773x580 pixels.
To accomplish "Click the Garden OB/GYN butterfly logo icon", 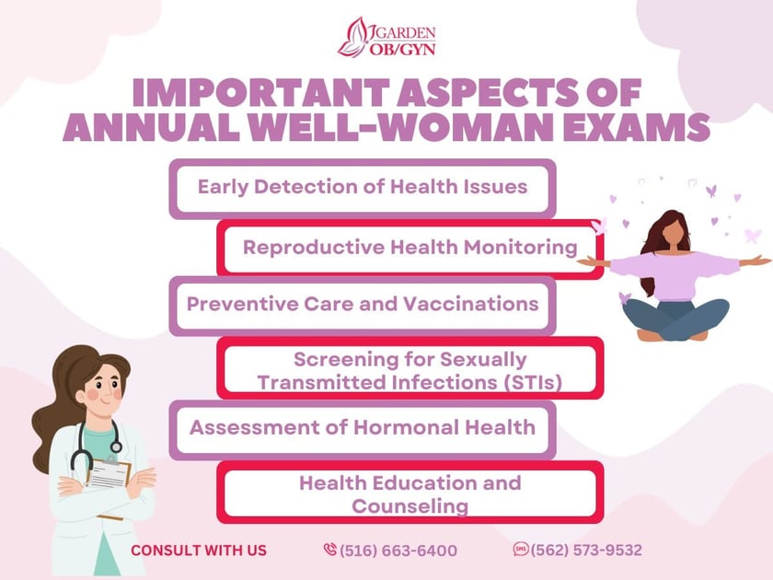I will (x=353, y=37).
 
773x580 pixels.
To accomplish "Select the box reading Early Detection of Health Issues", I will (x=363, y=188).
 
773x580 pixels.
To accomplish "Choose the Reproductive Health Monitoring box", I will (x=410, y=248).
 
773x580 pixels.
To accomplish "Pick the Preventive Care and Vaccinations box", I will (x=363, y=304).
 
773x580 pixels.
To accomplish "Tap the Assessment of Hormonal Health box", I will (x=363, y=427).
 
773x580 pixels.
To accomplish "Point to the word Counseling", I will (x=410, y=505).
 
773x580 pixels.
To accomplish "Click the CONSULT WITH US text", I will (x=199, y=551).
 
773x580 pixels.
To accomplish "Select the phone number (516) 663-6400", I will (x=398, y=551).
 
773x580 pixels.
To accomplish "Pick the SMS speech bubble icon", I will (x=521, y=550).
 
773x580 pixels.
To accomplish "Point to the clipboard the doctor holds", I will (x=110, y=473).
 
